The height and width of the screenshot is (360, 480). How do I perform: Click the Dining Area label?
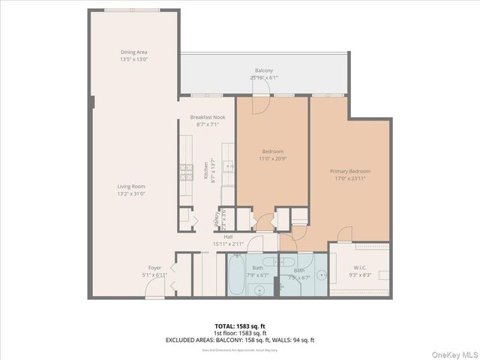coord(133,52)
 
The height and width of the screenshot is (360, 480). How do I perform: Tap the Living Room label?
coord(130,187)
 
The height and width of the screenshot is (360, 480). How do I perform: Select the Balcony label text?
coord(263,71)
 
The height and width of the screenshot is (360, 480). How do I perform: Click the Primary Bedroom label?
coord(350,172)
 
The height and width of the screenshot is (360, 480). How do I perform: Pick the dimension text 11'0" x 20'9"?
coord(272,156)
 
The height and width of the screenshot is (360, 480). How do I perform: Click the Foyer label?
coord(154,268)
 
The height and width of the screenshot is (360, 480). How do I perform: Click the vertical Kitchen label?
coord(205,171)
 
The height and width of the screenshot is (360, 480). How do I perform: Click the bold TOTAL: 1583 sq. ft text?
coord(240,326)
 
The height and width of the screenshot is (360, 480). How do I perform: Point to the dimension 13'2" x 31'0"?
coord(130,193)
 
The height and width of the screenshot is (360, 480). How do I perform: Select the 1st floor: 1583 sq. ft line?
coord(240,333)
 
